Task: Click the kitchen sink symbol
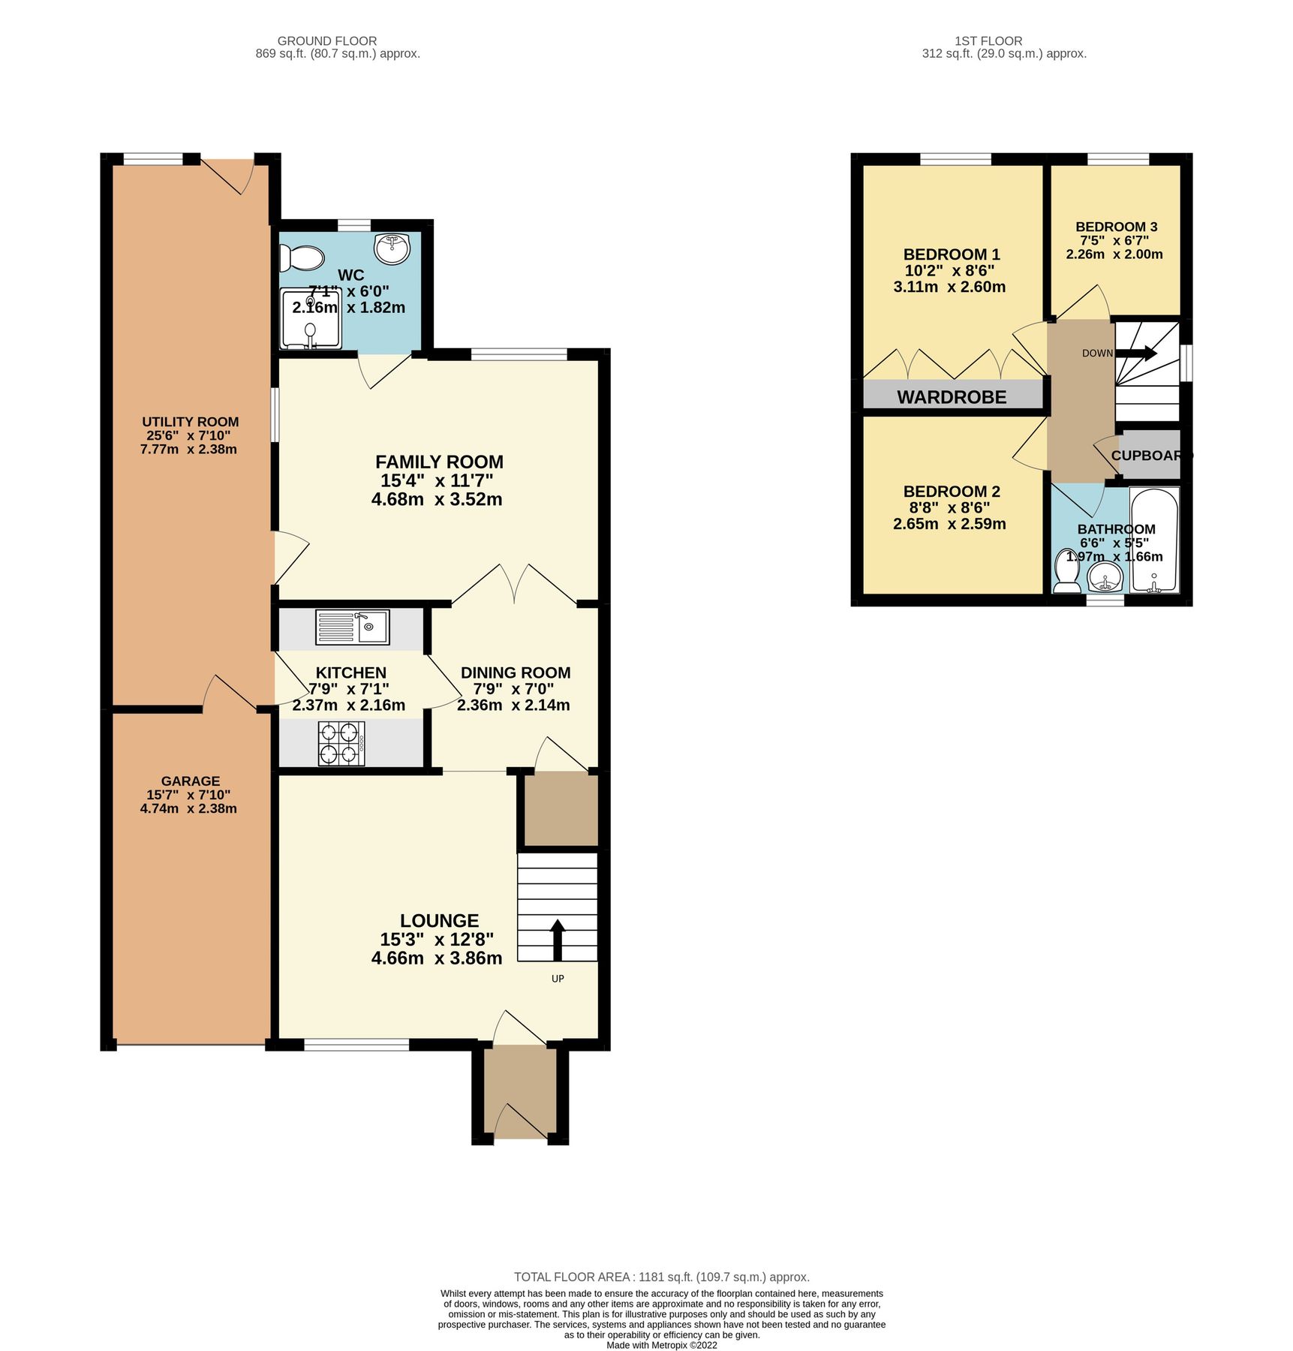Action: [x=352, y=627]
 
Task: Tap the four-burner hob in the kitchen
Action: [x=341, y=743]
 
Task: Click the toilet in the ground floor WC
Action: [x=300, y=258]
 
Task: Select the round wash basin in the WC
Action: [x=392, y=248]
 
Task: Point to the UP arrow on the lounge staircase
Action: [x=557, y=939]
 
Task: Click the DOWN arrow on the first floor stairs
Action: [x=1138, y=353]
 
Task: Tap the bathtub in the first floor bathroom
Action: [x=1154, y=540]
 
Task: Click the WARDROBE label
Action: [x=952, y=397]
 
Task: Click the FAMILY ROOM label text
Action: [x=439, y=462]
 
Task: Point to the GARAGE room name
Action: [x=190, y=781]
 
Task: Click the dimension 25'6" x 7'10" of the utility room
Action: [x=188, y=435]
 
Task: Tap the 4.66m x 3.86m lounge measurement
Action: [x=436, y=958]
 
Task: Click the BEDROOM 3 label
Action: [x=1116, y=227]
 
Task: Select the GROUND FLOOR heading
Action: [x=326, y=41]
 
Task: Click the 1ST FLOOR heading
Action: [x=988, y=41]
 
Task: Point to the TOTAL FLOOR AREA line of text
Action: [x=661, y=1277]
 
